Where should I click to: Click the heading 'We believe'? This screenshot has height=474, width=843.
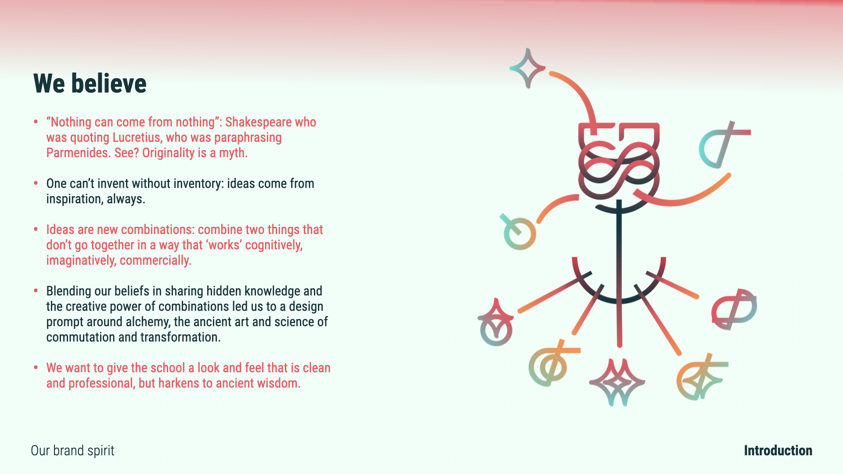[x=90, y=83]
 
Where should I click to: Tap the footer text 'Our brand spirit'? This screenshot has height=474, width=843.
[x=72, y=451]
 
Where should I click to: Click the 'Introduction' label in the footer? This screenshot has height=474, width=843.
[x=778, y=451]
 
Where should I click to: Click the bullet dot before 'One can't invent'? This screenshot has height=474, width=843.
[x=36, y=183]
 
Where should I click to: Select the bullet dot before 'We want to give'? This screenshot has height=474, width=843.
[x=36, y=367]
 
